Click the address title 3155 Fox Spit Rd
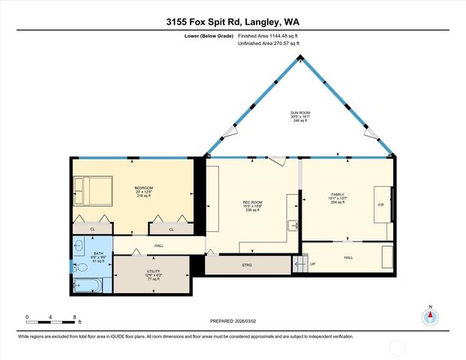(x=233, y=22)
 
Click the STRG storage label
(x=247, y=264)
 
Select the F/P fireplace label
(x=380, y=205)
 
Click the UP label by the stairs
(x=312, y=264)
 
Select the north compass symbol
(x=431, y=315)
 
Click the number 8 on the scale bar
(x=74, y=317)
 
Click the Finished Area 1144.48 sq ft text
(x=269, y=36)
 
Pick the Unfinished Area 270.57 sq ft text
(x=269, y=44)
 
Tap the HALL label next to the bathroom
(x=159, y=245)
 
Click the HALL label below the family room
(x=348, y=257)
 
